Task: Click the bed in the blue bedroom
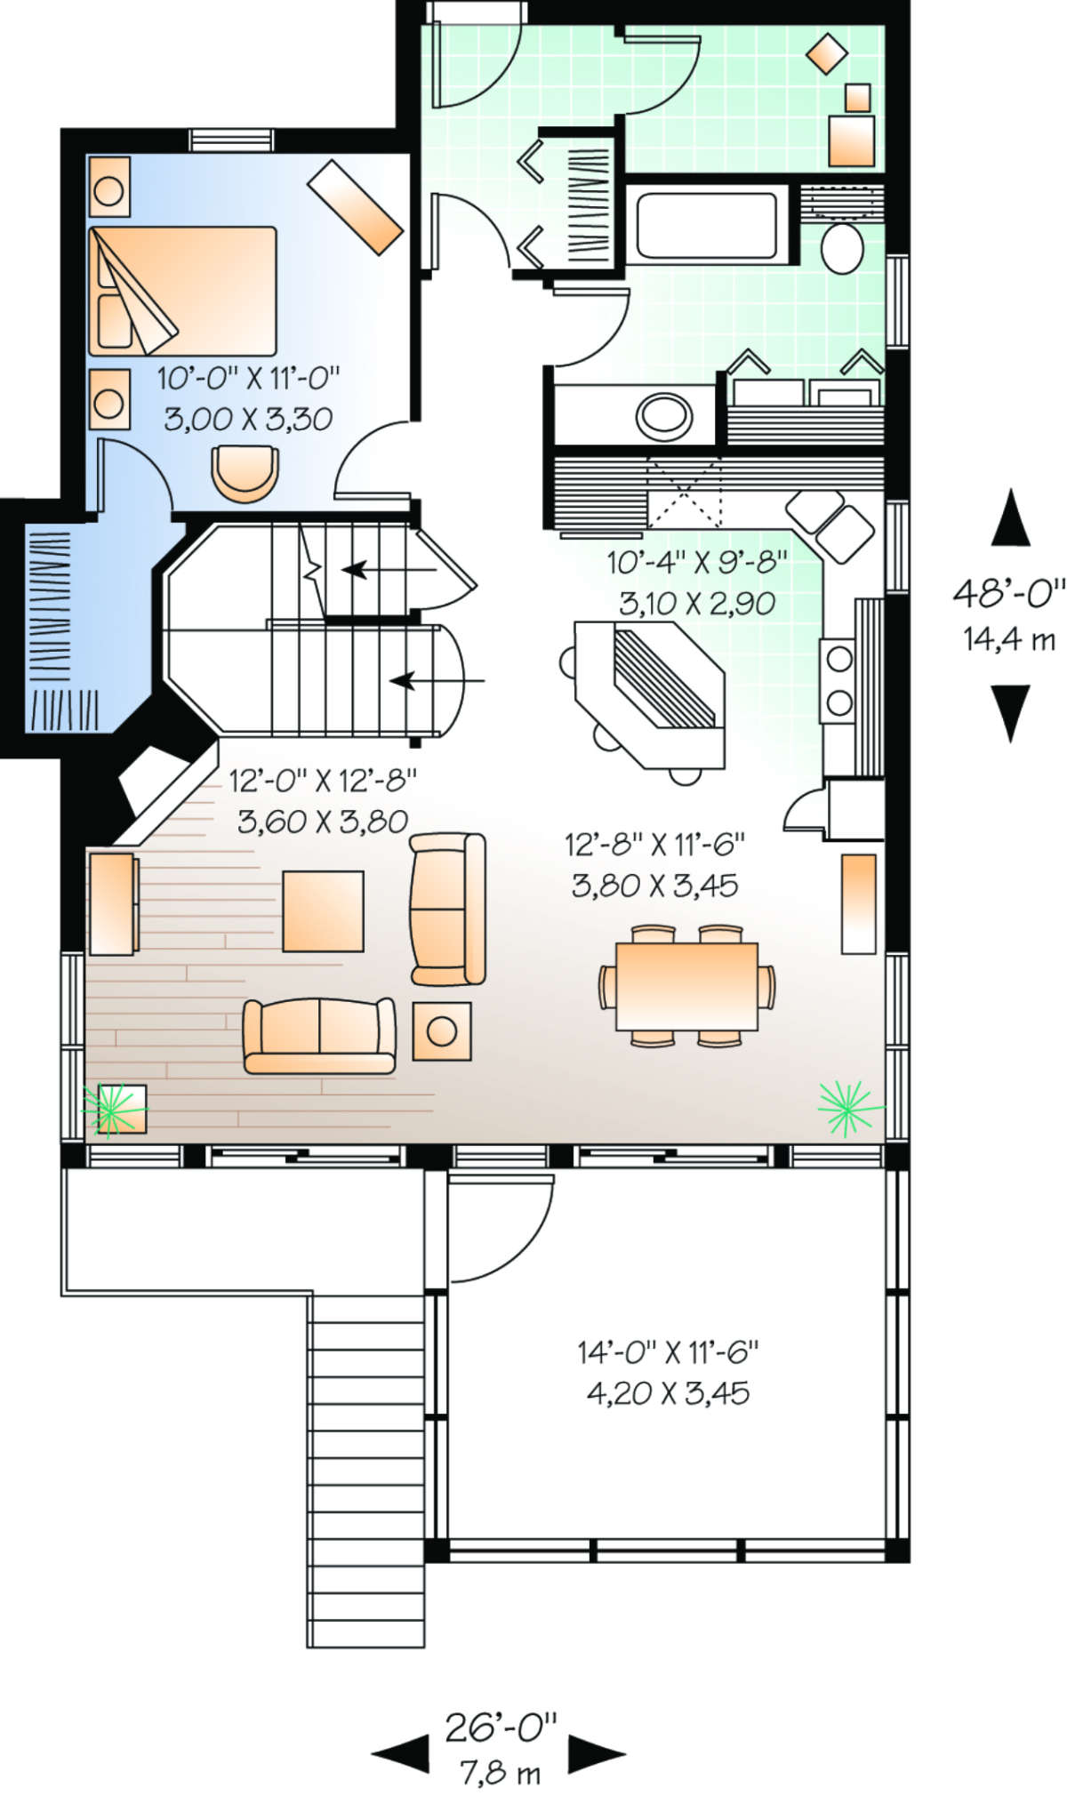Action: point(182,291)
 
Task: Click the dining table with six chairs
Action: point(686,986)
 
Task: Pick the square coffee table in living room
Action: point(323,911)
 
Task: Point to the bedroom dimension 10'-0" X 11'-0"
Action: point(249,379)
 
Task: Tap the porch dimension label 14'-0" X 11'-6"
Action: point(668,1352)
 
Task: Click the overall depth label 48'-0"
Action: point(1008,591)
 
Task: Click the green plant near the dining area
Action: point(848,1108)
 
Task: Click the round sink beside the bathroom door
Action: point(664,415)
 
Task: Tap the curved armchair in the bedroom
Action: point(245,474)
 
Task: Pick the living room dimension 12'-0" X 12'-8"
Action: point(323,781)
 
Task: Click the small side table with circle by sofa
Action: point(442,1030)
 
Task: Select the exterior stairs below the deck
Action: point(366,1471)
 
